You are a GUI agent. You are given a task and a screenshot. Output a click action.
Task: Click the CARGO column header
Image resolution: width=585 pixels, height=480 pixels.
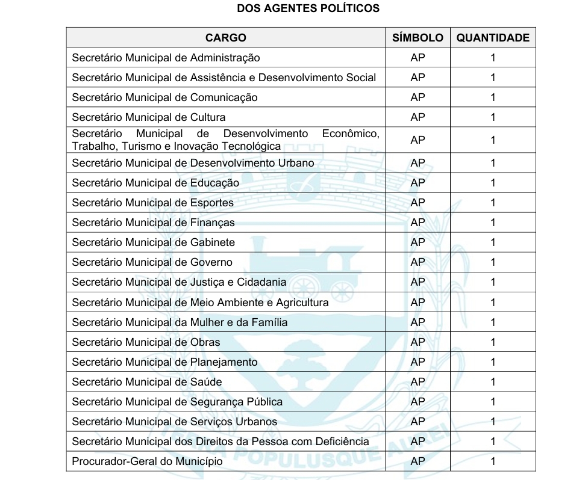click(225, 37)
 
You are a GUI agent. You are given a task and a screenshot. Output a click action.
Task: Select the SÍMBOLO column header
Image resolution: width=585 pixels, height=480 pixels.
click(418, 37)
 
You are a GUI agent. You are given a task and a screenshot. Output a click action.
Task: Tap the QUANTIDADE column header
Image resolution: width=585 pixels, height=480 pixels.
click(493, 37)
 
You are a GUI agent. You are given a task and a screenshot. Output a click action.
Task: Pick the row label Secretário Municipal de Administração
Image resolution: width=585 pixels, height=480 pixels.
click(166, 58)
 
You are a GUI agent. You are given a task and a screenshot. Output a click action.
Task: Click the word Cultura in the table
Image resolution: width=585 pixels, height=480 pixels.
click(208, 117)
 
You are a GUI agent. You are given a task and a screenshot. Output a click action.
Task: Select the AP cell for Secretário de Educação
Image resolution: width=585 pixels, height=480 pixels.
click(418, 182)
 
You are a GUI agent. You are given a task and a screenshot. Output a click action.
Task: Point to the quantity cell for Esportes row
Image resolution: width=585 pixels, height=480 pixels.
click(493, 202)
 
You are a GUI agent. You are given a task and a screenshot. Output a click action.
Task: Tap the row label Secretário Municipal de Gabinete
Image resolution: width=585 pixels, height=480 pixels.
click(153, 242)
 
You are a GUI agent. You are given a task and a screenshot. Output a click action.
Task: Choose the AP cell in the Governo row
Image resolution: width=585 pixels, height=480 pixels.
click(418, 262)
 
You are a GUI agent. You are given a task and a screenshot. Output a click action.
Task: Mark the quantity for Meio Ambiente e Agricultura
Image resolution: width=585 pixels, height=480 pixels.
click(493, 302)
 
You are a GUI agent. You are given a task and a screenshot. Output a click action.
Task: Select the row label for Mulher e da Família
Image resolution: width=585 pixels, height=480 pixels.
click(180, 322)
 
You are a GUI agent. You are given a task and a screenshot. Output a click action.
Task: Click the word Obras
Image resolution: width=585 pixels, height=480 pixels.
click(205, 342)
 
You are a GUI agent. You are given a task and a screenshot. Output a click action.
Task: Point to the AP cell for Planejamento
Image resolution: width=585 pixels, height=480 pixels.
click(418, 362)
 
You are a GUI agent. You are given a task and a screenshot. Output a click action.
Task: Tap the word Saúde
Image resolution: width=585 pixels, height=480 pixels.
click(206, 382)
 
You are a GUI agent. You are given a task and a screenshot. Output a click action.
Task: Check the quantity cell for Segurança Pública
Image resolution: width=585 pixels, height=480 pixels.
click(493, 401)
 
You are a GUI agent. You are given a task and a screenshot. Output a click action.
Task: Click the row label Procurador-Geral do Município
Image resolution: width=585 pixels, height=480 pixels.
click(147, 461)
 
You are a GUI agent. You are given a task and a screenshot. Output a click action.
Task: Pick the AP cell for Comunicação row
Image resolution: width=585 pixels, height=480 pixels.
click(418, 97)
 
